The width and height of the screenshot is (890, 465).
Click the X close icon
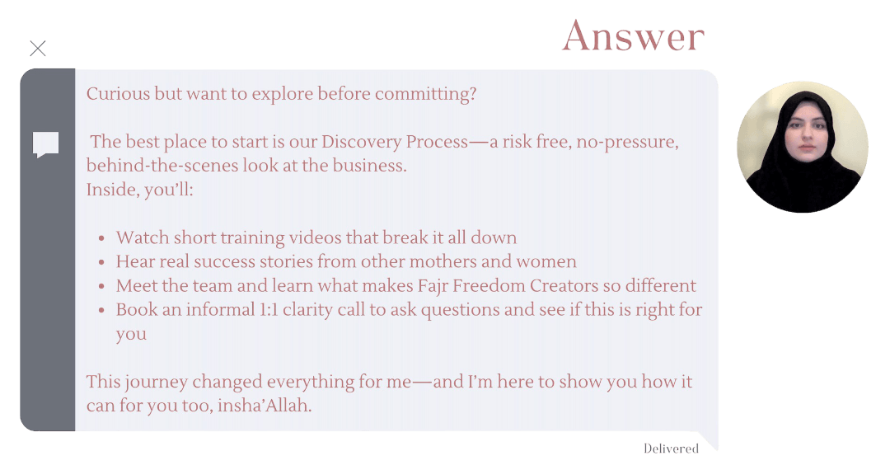pyautogui.click(x=38, y=49)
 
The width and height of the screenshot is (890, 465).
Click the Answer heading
pyautogui.click(x=634, y=36)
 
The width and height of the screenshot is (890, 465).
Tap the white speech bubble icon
pyautogui.click(x=46, y=145)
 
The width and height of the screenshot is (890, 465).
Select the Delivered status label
pyautogui.click(x=671, y=449)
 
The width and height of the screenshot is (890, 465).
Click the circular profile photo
pyautogui.click(x=803, y=147)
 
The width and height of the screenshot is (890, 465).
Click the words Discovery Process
pyautogui.click(x=395, y=141)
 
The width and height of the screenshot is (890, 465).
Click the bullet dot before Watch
pyautogui.click(x=101, y=238)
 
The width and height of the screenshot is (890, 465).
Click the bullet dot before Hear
pyautogui.click(x=101, y=262)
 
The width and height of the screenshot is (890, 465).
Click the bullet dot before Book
pyautogui.click(x=101, y=311)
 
